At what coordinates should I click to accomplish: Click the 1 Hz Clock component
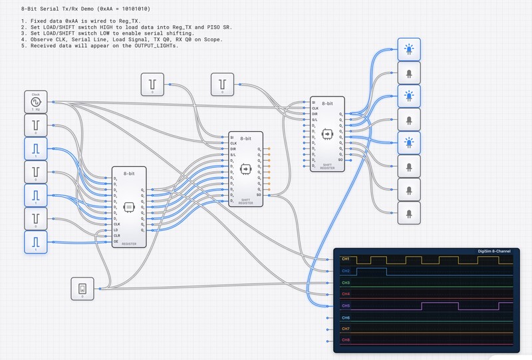pyautogui.click(x=36, y=102)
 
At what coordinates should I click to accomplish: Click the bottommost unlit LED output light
pyautogui.click(x=408, y=214)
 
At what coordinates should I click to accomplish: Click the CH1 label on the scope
pyautogui.click(x=345, y=259)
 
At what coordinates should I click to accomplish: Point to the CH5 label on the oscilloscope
pyautogui.click(x=345, y=305)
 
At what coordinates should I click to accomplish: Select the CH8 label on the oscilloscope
pyautogui.click(x=345, y=340)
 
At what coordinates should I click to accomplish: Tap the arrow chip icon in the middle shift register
pyautogui.click(x=245, y=169)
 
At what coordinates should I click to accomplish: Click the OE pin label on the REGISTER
pyautogui.click(x=117, y=242)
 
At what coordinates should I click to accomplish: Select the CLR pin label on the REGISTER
pyautogui.click(x=118, y=236)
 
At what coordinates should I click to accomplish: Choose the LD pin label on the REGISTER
pyautogui.click(x=117, y=230)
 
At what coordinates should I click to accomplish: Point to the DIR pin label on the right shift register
pyautogui.click(x=315, y=114)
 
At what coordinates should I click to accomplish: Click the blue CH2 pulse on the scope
pyautogui.click(x=372, y=269)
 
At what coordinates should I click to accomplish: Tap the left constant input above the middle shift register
pyautogui.click(x=152, y=84)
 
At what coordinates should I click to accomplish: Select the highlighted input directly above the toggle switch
pyautogui.click(x=36, y=242)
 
